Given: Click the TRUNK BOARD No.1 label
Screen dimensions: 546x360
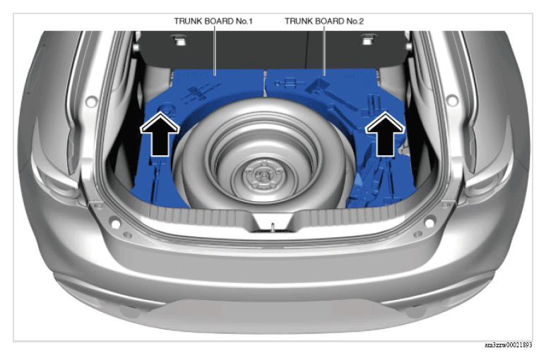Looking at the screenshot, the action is coord(213,21).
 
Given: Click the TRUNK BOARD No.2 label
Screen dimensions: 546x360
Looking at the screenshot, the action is coord(324,21).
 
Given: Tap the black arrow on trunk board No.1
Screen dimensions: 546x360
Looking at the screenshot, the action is coord(160,134).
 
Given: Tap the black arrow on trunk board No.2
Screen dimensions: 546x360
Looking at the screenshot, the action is coord(385,134).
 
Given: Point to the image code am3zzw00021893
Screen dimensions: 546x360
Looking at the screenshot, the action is coord(508,345).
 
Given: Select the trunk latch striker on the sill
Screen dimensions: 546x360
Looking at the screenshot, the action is coord(273,226).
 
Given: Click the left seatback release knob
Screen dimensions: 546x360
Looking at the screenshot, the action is coord(179,40).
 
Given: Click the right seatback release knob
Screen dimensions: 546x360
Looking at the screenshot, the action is coord(367,40).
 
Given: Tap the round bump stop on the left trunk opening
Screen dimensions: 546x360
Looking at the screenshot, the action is coord(91,101).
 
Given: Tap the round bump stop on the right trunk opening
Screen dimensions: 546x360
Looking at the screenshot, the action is coord(451,100).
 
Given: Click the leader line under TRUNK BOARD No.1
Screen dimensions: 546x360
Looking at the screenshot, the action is coord(215,51).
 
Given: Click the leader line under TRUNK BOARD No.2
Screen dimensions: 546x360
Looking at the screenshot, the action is coord(324,51).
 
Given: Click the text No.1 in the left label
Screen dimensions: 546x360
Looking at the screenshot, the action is coord(244,21).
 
